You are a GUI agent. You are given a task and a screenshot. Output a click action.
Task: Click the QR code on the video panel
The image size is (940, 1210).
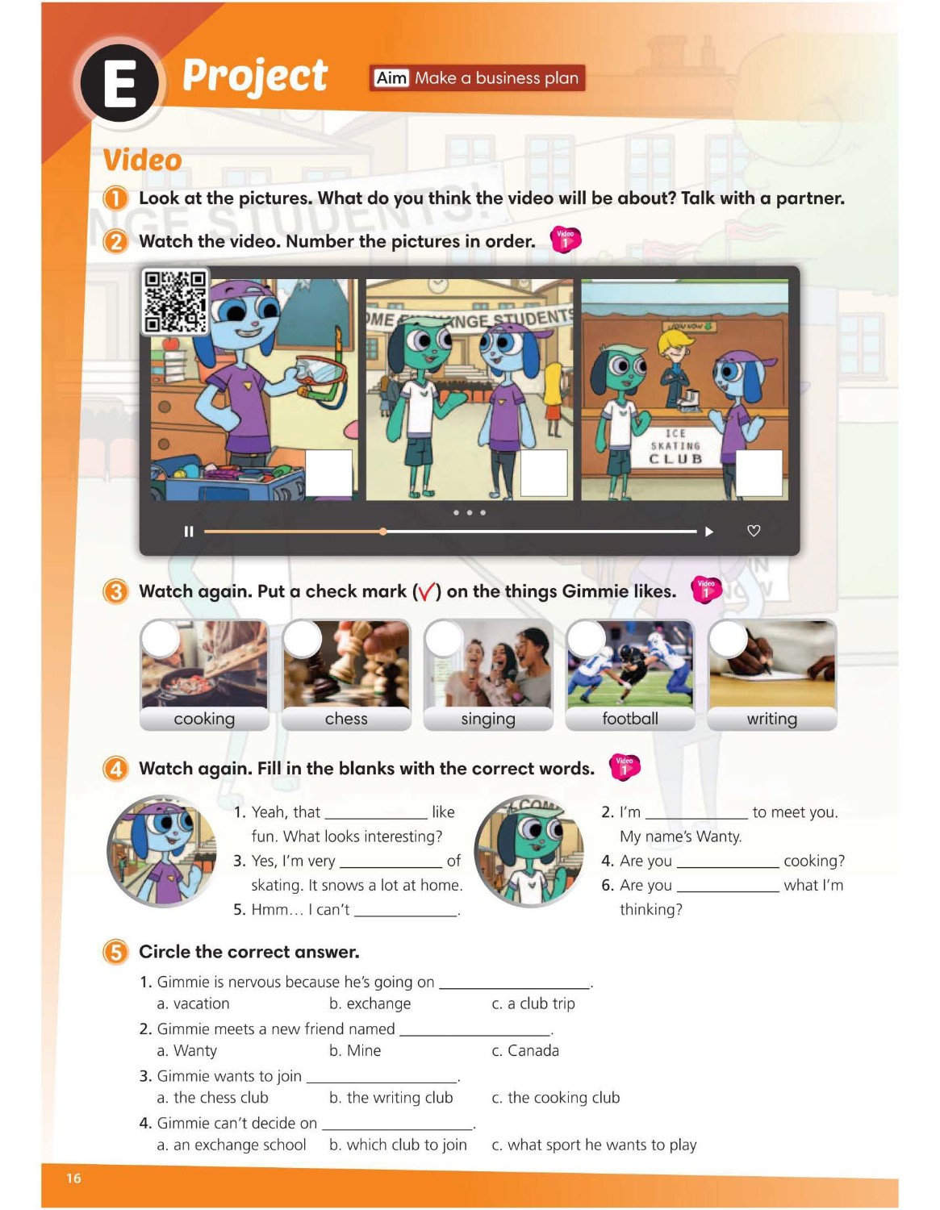(175, 302)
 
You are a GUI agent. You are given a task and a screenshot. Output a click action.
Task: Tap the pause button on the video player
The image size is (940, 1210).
(189, 532)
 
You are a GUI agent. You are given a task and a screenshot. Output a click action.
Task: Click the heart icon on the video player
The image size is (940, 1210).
(754, 532)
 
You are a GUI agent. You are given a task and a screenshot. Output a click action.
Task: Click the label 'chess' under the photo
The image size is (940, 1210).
(346, 719)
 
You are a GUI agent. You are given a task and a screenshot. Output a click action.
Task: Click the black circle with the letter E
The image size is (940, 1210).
(119, 84)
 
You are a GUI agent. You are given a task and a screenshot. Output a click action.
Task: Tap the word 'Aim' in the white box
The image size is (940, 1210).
(391, 78)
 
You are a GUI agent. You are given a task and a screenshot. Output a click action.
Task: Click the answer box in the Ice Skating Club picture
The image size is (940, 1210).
(759, 474)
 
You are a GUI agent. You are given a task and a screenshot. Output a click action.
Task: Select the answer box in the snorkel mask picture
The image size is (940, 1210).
(328, 474)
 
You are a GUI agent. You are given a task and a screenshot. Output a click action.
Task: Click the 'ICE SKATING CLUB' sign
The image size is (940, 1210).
(675, 447)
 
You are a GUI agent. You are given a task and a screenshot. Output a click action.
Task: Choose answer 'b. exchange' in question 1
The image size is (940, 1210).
(370, 1003)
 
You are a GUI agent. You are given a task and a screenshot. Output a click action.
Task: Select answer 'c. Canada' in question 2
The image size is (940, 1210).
(525, 1050)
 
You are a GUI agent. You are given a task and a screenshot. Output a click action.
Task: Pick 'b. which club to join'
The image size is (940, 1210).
(398, 1145)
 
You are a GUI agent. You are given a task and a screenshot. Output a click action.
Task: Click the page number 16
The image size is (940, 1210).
(73, 1178)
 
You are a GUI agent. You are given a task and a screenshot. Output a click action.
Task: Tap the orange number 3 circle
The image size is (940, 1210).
(116, 591)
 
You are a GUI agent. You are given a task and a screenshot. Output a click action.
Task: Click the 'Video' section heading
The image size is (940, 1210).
(143, 161)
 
